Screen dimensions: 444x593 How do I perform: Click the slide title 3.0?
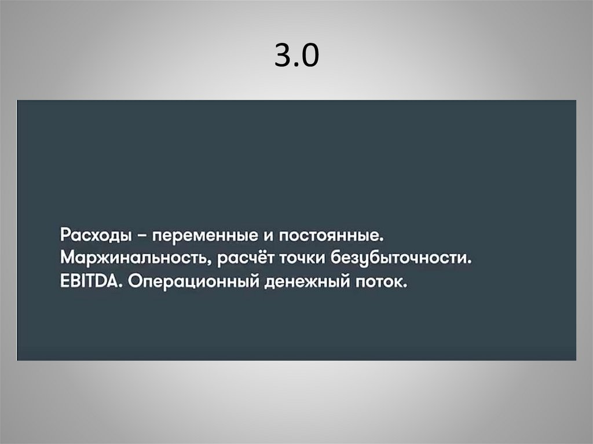(x=296, y=56)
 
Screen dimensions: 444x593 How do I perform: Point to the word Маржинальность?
(x=134, y=259)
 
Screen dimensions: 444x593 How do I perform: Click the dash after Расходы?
(x=141, y=236)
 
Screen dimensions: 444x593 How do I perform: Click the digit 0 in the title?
(x=310, y=56)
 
